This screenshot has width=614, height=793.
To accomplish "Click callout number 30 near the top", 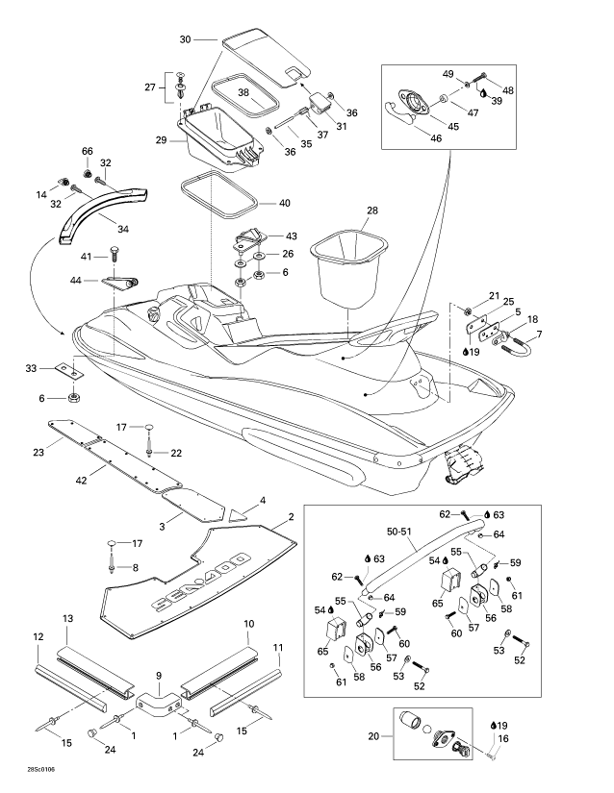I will (x=186, y=39).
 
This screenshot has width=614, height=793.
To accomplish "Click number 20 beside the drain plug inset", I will (x=374, y=737).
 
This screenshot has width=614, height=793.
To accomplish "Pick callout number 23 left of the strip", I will (x=38, y=451).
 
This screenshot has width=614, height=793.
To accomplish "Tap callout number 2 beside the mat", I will (x=290, y=517).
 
